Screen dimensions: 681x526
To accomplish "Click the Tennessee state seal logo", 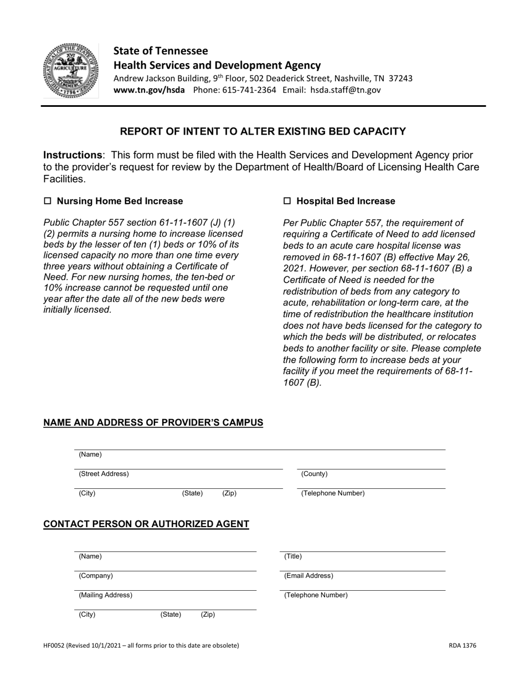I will pyautogui.click(x=70, y=71).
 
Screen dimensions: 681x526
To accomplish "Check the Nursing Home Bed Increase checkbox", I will pyautogui.click(x=47, y=201).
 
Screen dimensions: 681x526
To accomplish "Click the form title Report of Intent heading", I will pyautogui.click(x=263, y=131).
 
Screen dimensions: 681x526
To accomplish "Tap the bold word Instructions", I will pyautogui.click(x=73, y=156).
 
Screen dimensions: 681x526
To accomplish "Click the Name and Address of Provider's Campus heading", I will pyautogui.click(x=153, y=423).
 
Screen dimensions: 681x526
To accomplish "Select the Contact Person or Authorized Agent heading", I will pyautogui.click(x=146, y=524).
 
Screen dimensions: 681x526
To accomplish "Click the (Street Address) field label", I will pyautogui.click(x=104, y=474).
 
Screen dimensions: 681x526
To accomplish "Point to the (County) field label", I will pyautogui.click(x=314, y=474).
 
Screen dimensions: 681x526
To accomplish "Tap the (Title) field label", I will pyautogui.click(x=293, y=556).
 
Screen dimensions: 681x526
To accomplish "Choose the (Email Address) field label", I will pyautogui.click(x=308, y=576).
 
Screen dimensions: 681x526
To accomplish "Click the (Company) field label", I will pyautogui.click(x=95, y=576).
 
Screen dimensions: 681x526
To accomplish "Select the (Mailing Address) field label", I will pyautogui.click(x=105, y=595).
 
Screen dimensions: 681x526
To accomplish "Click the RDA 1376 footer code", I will pyautogui.click(x=462, y=646).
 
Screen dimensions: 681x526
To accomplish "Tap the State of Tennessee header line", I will pyautogui.click(x=161, y=51).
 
